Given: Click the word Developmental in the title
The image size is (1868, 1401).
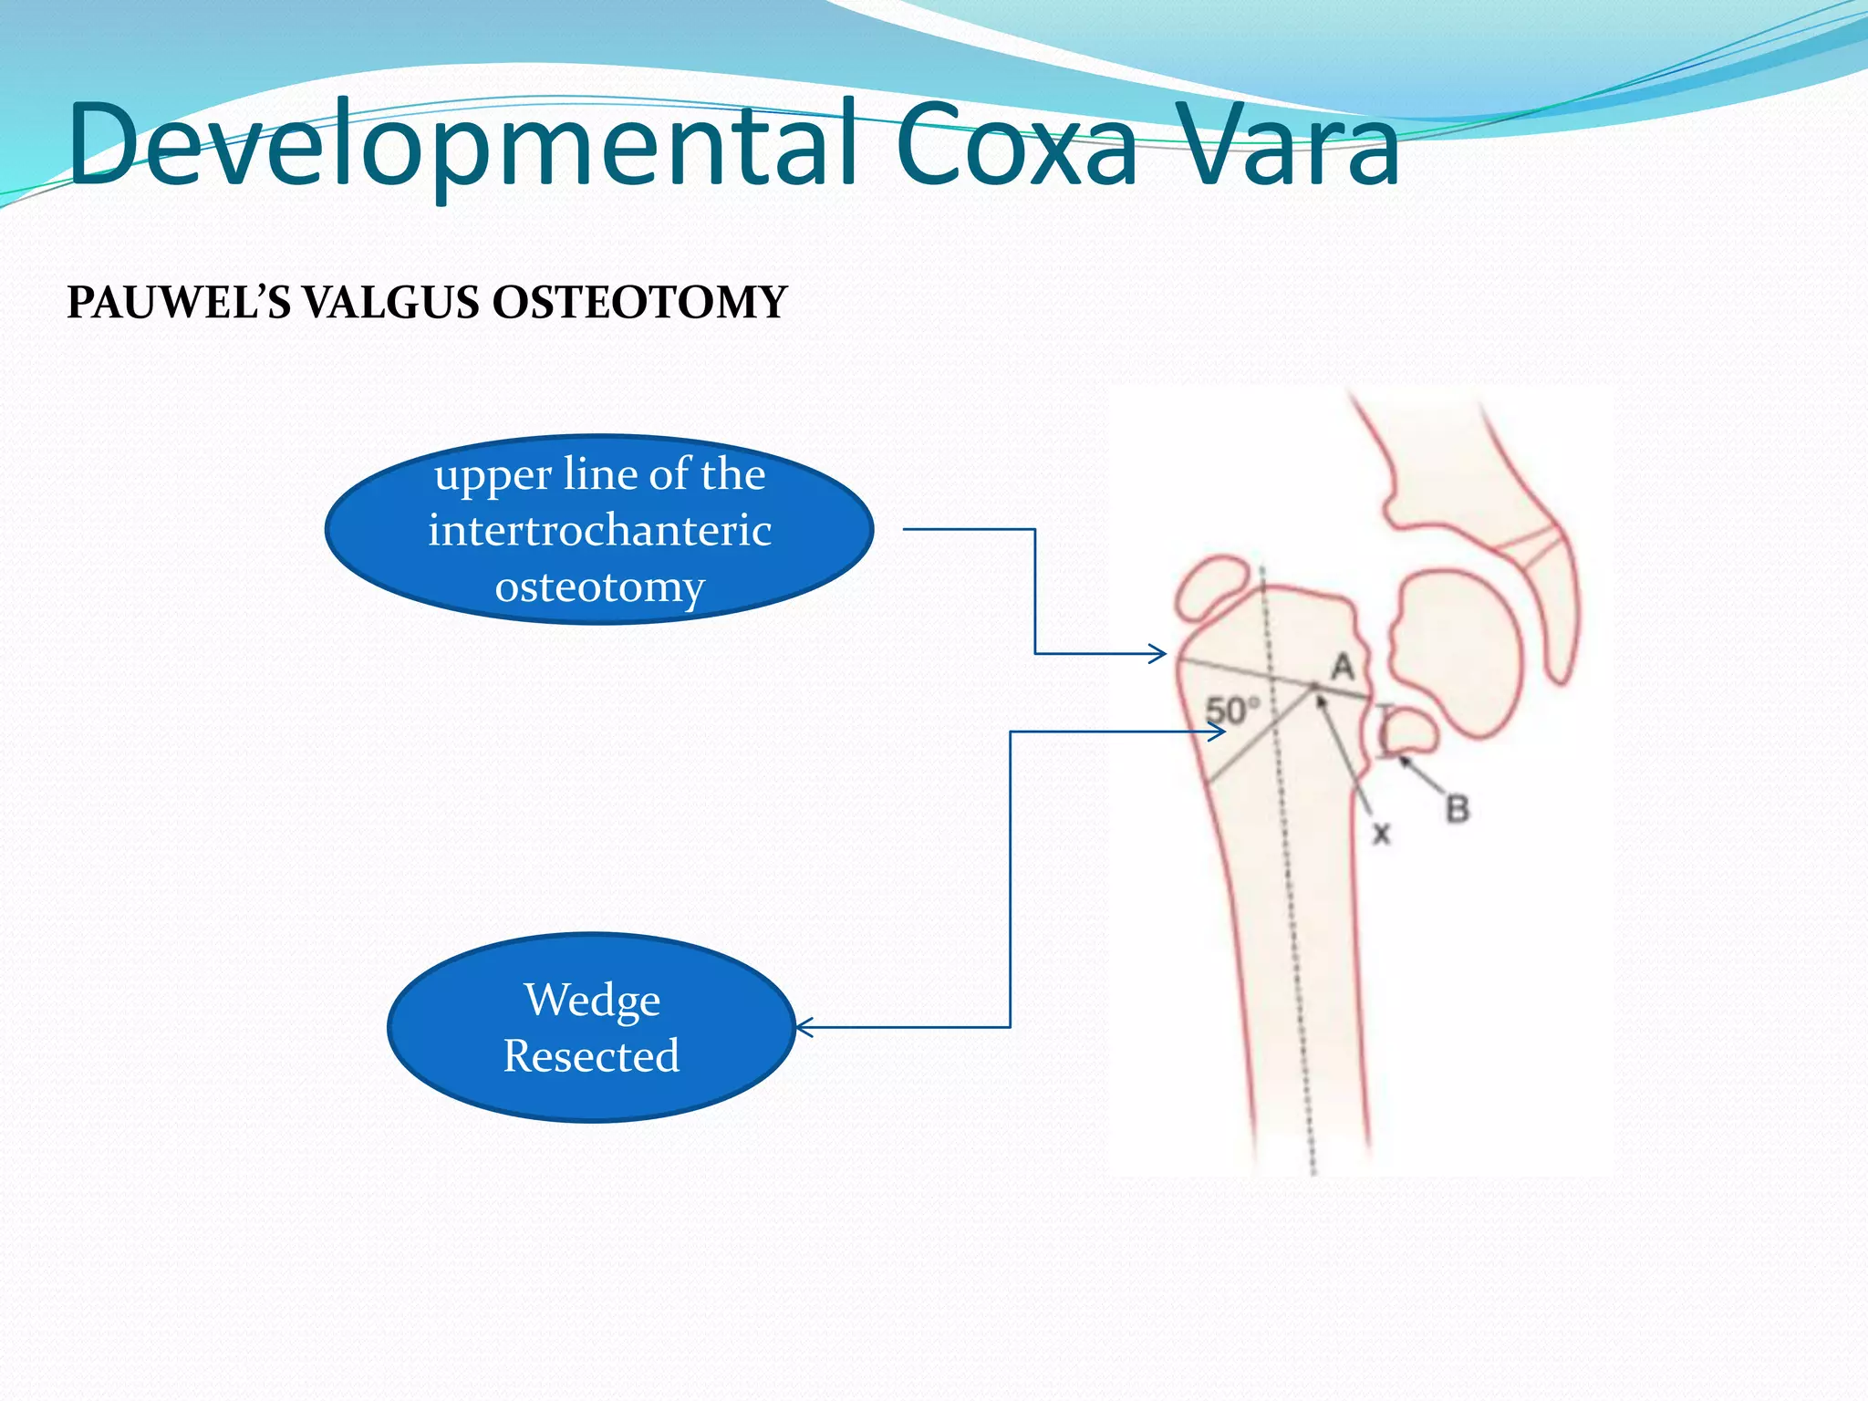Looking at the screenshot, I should pos(461,146).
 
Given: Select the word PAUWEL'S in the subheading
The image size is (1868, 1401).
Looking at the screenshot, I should pos(178,302).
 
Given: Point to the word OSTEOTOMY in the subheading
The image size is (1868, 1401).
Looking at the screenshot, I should pos(639,302).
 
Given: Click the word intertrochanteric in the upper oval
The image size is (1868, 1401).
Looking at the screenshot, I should pos(599,530).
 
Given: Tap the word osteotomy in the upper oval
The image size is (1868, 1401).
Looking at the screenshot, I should pos(599,586).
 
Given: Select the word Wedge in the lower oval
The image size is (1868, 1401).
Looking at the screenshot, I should pos(592,1000).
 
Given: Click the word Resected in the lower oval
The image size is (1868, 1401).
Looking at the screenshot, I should pos(591,1056).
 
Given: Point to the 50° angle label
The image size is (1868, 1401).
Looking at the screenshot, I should pos(1232,710).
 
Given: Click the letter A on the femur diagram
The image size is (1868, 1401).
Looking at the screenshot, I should pos(1342,666).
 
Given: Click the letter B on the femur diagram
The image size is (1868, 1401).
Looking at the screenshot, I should pos(1458,808).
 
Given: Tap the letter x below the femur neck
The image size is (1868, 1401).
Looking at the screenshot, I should pos(1381,833).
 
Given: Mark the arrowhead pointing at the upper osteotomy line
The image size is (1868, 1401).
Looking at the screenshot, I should pos(1160,653).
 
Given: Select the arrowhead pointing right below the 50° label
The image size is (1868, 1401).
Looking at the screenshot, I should pos(1219,732).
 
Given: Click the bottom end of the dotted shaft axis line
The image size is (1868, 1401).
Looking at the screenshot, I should pos(1314,1171).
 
